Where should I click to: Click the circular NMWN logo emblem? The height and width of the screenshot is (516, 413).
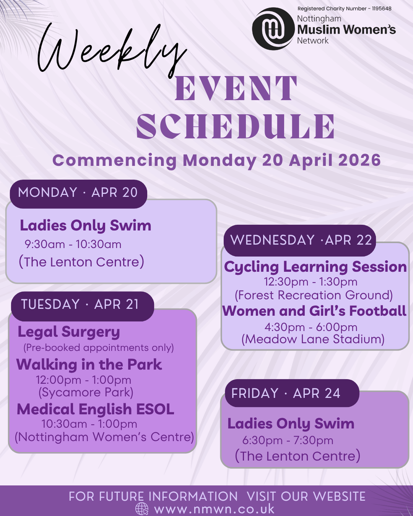[x=273, y=29]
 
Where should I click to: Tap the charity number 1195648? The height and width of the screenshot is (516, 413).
[x=382, y=9]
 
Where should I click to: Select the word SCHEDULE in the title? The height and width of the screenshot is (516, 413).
[x=236, y=127]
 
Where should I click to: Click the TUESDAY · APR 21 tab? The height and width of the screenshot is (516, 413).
[x=82, y=306]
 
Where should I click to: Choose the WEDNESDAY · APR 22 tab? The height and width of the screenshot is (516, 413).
[x=299, y=240]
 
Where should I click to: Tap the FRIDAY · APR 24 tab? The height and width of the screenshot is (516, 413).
[x=292, y=393]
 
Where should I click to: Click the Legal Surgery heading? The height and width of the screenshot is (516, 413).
[x=69, y=333]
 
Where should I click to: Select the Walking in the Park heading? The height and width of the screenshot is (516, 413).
[x=89, y=365]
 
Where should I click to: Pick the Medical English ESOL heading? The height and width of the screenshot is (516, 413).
[x=95, y=409]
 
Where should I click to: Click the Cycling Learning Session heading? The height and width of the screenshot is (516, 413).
[x=315, y=267]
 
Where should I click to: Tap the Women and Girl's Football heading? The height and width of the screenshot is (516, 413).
[x=314, y=311]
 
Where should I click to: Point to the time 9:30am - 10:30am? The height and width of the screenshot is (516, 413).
[x=73, y=245]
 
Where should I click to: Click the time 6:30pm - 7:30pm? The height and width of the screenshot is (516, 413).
[x=288, y=440]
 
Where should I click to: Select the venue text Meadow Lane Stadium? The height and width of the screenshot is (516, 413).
[x=313, y=339]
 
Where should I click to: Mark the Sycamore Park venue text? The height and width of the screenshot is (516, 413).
[x=86, y=393]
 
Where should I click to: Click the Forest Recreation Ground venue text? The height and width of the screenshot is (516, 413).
[x=314, y=295]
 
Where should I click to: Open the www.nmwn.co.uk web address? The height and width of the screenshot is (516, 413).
[x=214, y=509]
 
